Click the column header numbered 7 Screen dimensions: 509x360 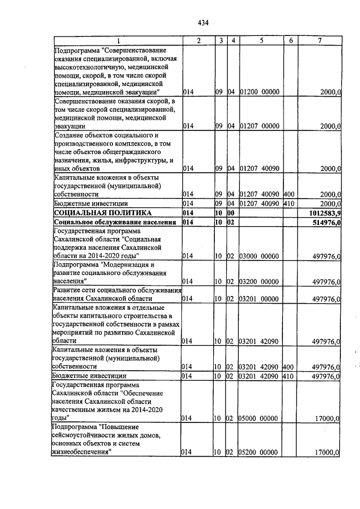(x=319, y=40)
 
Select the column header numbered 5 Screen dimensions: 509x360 (x=262, y=40)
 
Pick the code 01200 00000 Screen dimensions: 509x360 (x=260, y=92)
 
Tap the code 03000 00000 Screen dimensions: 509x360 (x=260, y=256)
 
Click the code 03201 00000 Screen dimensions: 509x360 (x=260, y=299)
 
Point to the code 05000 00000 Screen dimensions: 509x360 (x=260, y=418)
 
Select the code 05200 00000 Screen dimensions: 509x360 (x=260, y=452)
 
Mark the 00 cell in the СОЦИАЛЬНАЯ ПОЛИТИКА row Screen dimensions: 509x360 (x=231, y=213)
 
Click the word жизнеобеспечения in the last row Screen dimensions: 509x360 (x=83, y=452)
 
